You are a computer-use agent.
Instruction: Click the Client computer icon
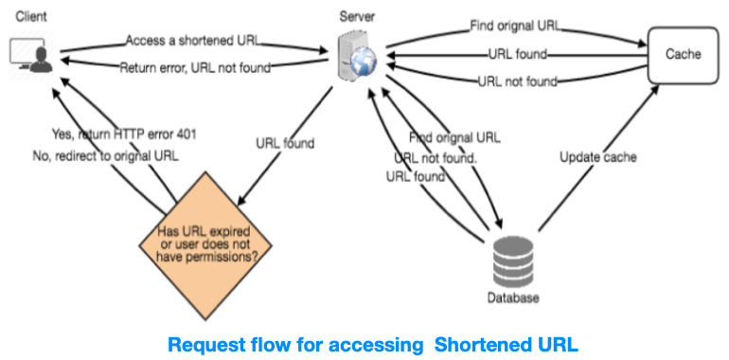coord(31,55)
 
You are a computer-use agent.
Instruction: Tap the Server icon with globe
coord(361,54)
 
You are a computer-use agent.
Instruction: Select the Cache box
coord(682,54)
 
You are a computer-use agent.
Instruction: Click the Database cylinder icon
coord(513,261)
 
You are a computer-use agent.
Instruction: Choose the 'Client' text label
coord(31,16)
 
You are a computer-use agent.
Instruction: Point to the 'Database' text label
coord(513,298)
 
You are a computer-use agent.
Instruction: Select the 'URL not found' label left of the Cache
coord(518,81)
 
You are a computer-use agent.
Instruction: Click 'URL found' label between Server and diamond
coord(285,144)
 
